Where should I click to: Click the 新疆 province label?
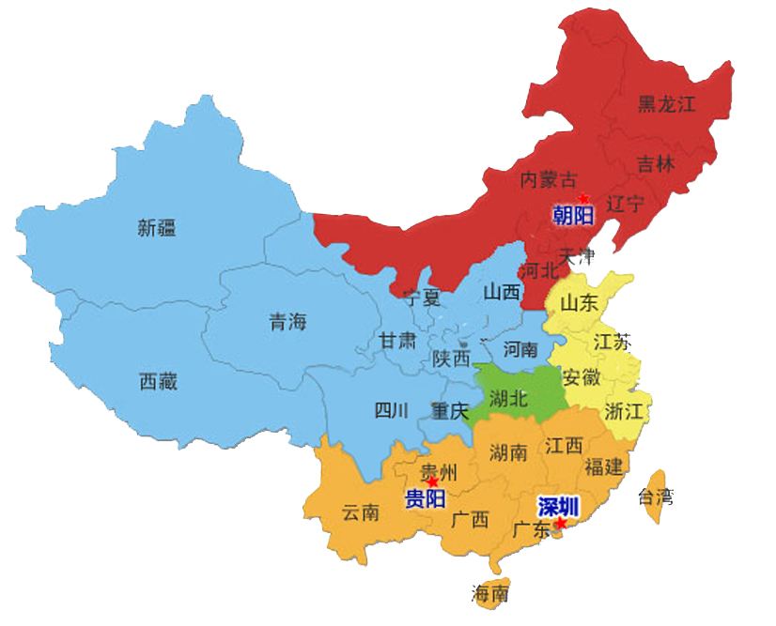[157, 227]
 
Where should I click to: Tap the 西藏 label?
[158, 381]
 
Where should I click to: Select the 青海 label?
[288, 323]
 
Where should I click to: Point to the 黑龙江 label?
[666, 103]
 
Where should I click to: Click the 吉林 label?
[656, 164]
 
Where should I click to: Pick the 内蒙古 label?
[550, 178]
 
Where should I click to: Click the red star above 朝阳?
[583, 198]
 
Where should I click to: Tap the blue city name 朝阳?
[573, 216]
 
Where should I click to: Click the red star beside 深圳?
[561, 523]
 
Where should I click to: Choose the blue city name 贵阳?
[425, 498]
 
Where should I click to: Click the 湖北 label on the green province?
[510, 399]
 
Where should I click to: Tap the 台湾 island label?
[655, 496]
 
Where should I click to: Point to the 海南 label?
[490, 593]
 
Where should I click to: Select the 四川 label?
[392, 410]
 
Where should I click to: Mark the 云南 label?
[361, 512]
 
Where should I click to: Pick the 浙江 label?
[623, 411]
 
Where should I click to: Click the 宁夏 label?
[421, 298]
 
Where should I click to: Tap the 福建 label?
[602, 466]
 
